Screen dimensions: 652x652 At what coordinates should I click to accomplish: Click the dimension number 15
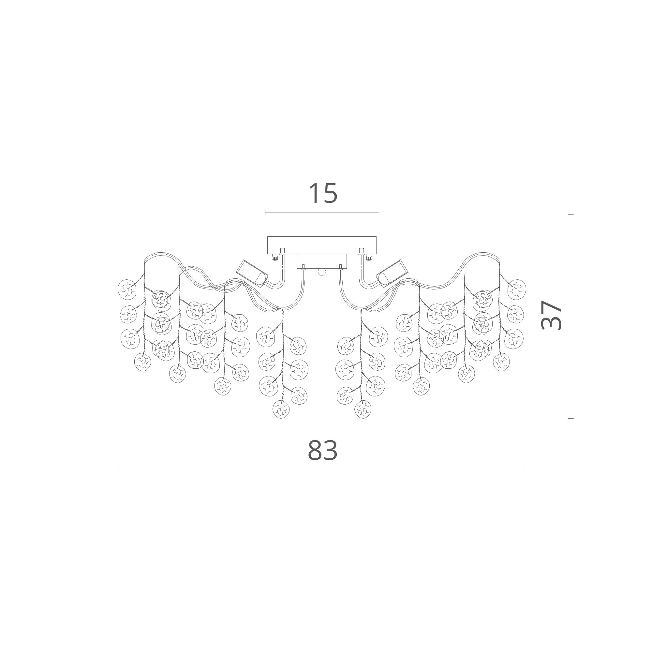click(323, 193)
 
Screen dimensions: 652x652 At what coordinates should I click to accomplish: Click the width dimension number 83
click(323, 451)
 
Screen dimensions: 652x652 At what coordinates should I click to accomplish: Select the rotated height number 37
click(551, 315)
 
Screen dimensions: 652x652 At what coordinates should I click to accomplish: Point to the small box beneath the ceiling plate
click(322, 261)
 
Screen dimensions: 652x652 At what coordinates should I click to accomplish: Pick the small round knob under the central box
click(322, 272)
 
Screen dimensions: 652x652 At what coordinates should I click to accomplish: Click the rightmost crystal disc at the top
click(517, 289)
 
